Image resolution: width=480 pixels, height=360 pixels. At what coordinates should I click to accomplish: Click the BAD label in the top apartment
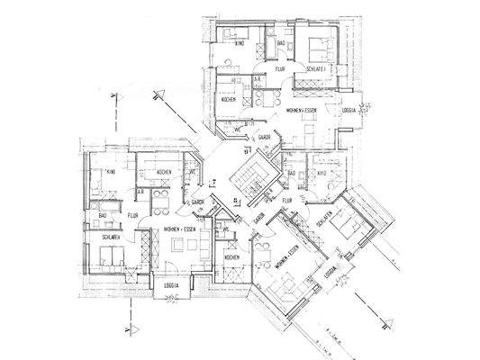pos(281,43)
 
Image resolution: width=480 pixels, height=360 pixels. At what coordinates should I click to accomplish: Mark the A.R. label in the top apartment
pos(258,79)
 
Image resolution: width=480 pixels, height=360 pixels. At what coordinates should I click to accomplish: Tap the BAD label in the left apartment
pos(104,216)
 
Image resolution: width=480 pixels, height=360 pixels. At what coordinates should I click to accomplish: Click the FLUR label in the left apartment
pos(132,216)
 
